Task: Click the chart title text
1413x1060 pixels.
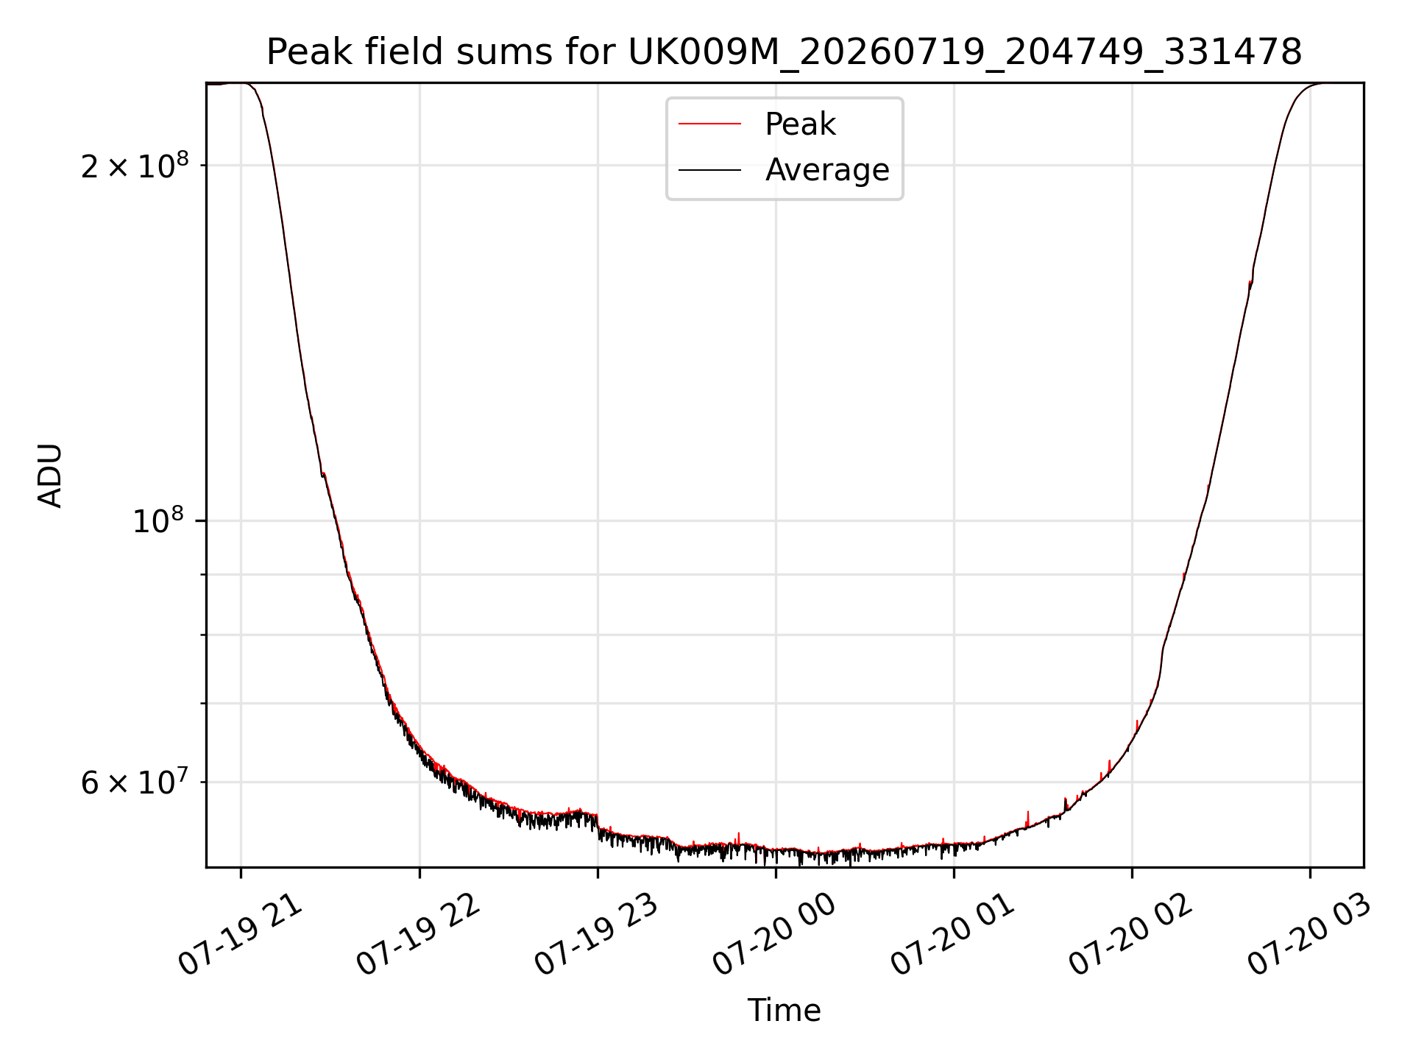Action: click(x=785, y=52)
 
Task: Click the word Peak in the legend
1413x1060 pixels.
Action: click(x=800, y=124)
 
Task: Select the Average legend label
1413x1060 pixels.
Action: click(x=827, y=170)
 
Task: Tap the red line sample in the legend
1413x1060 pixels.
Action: click(x=709, y=124)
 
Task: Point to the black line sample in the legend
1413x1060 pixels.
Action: click(x=709, y=170)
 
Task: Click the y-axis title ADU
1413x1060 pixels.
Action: click(x=50, y=476)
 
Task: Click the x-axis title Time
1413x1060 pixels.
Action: click(x=785, y=1011)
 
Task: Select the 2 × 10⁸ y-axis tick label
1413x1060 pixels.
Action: click(x=135, y=166)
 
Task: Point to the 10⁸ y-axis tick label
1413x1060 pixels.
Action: click(x=158, y=520)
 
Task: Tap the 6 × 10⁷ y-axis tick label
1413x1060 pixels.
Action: click(x=135, y=782)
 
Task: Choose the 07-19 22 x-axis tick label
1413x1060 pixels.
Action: click(x=419, y=935)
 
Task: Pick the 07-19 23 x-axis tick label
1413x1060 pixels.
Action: click(x=598, y=935)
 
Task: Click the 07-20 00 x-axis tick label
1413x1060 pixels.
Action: click(x=776, y=935)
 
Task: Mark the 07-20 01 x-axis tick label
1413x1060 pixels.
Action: click(x=954, y=935)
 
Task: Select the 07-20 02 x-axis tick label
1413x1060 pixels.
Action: click(x=1132, y=935)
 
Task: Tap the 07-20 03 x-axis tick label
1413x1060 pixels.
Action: click(x=1310, y=935)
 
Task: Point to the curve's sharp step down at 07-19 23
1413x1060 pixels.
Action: click(x=598, y=821)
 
